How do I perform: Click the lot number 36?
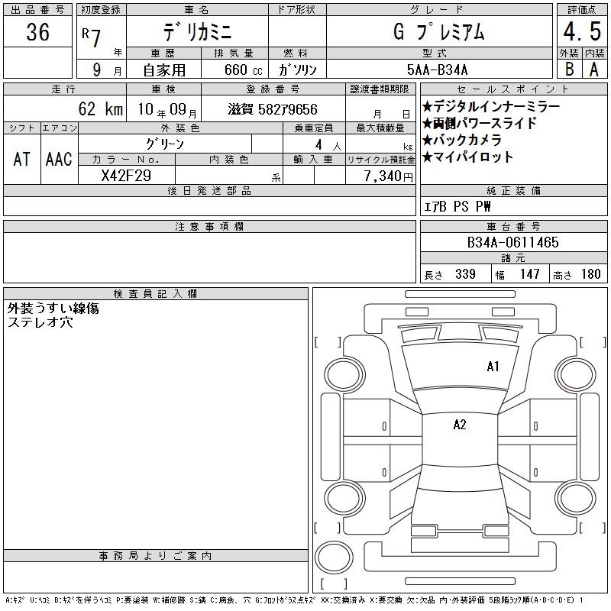pyautogui.click(x=37, y=31)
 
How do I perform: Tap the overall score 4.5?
pyautogui.click(x=582, y=31)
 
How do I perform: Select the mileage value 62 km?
pyautogui.click(x=101, y=108)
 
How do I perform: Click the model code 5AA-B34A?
pyautogui.click(x=437, y=70)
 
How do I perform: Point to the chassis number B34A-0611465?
pyautogui.click(x=512, y=242)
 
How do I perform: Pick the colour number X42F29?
pyautogui.click(x=126, y=176)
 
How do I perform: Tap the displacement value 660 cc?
pyautogui.click(x=243, y=70)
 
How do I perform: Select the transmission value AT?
pyautogui.click(x=21, y=159)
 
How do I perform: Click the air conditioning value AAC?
pyautogui.click(x=59, y=159)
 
